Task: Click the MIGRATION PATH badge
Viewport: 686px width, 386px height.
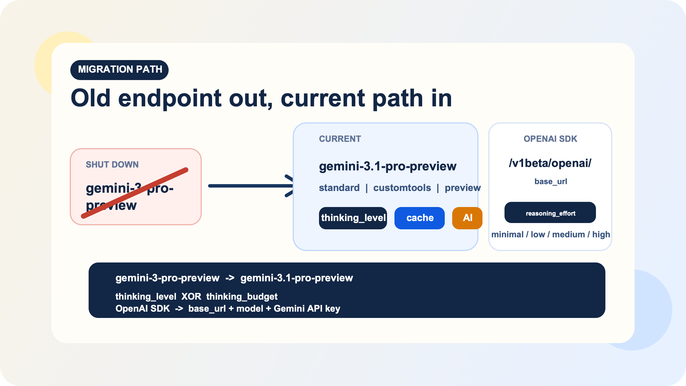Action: (x=119, y=70)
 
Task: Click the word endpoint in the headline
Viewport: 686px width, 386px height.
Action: (x=170, y=98)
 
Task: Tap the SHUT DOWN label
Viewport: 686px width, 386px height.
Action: (x=112, y=164)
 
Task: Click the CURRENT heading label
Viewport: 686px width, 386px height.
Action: (x=340, y=139)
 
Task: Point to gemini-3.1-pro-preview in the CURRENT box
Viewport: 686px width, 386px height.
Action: (x=388, y=166)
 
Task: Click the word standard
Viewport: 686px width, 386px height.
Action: (x=339, y=188)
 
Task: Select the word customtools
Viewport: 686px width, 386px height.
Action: (x=402, y=188)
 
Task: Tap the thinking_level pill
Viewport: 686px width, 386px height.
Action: (x=353, y=218)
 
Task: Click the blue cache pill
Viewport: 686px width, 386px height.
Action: (x=420, y=218)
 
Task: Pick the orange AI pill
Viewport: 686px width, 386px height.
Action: (x=467, y=218)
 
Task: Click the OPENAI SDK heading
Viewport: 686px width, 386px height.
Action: (x=550, y=139)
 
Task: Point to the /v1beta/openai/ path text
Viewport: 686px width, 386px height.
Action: (x=550, y=163)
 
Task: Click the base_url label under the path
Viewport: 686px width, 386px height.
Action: (x=551, y=182)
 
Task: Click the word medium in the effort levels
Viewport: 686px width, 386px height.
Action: (x=568, y=234)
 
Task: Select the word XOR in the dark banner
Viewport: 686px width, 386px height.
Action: (x=191, y=297)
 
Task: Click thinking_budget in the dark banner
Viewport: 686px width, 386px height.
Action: (x=242, y=297)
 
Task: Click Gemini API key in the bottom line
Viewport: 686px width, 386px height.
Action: (x=307, y=309)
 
